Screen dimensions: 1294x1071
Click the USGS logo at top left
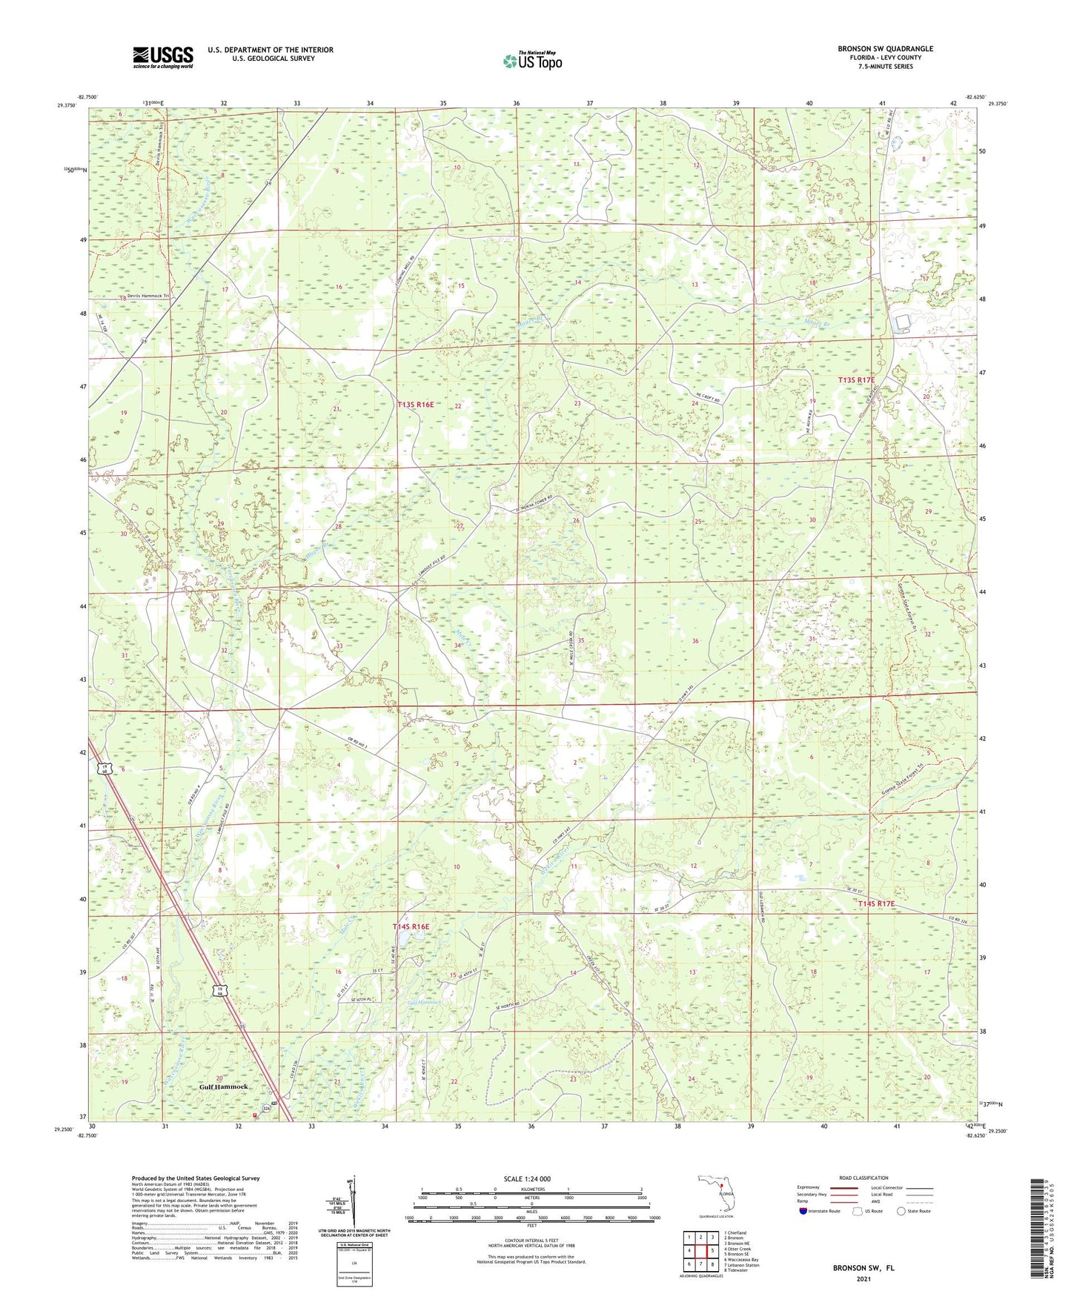click(163, 56)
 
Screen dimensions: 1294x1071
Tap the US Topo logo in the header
click(532, 61)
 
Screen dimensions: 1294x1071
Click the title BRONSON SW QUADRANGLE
click(885, 49)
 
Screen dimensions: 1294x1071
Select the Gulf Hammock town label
click(223, 1087)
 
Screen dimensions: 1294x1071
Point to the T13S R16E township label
click(415, 405)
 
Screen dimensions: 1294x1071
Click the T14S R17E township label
click(876, 904)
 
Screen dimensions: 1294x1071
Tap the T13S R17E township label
click(856, 380)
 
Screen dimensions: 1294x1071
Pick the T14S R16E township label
click(411, 926)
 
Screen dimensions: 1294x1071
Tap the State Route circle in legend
click(901, 1211)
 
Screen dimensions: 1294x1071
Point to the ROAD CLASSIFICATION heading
click(863, 1178)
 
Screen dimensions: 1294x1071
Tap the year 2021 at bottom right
click(863, 1278)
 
